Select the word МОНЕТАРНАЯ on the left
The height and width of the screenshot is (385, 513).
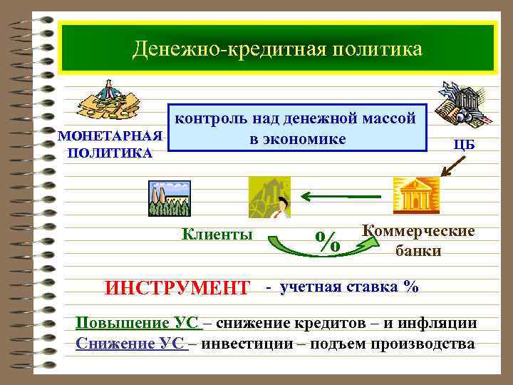[110, 136]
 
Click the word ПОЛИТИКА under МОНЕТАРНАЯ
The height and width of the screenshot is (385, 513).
[108, 153]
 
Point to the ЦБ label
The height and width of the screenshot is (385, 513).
[464, 144]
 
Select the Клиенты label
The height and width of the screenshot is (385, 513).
[217, 233]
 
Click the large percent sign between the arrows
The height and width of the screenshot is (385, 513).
[327, 241]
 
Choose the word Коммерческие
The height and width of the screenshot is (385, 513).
[418, 232]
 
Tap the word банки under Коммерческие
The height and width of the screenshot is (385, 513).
[418, 250]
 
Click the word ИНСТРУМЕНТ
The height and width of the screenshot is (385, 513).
[177, 289]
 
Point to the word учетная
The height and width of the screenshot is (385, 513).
[311, 287]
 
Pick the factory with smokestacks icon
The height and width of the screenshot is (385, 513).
[169, 197]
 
